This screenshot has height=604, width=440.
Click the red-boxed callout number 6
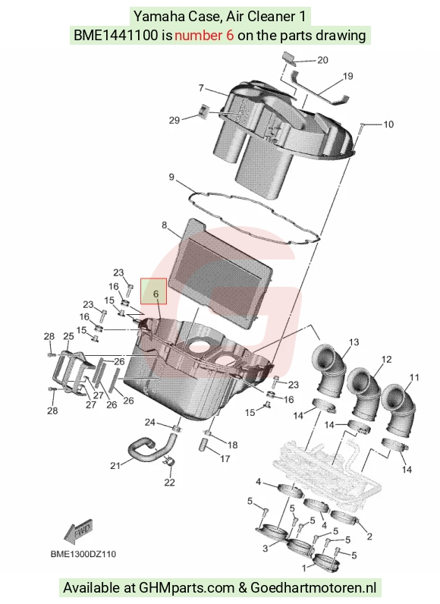pyautogui.click(x=156, y=294)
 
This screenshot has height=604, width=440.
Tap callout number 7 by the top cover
pyautogui.click(x=201, y=88)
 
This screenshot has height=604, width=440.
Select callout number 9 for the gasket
pyautogui.click(x=171, y=178)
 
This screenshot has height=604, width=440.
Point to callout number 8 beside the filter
pyautogui.click(x=165, y=225)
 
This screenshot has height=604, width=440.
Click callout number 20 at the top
pyautogui.click(x=322, y=60)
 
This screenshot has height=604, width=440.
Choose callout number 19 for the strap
pyautogui.click(x=347, y=77)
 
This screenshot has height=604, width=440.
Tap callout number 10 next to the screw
pyautogui.click(x=388, y=124)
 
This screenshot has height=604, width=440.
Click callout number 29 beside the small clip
pyautogui.click(x=174, y=120)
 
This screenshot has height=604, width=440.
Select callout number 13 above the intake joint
pyautogui.click(x=354, y=341)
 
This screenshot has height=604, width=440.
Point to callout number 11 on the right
pyautogui.click(x=414, y=378)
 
